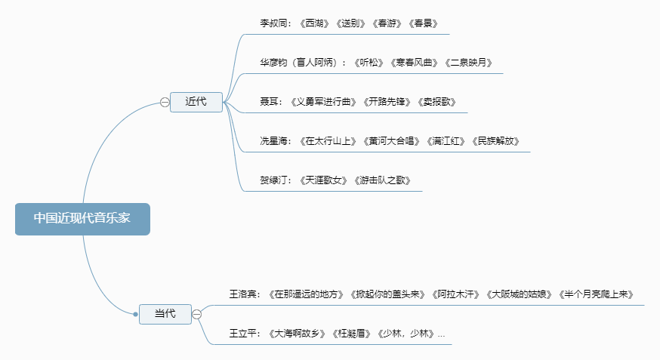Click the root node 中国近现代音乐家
click(82, 219)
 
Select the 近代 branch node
click(196, 102)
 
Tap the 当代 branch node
click(165, 314)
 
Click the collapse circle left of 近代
click(165, 103)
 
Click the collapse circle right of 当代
click(196, 314)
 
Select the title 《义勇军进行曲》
click(320, 102)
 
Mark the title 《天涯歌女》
click(325, 180)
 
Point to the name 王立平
click(244, 333)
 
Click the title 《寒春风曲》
click(414, 63)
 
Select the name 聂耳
click(270, 102)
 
